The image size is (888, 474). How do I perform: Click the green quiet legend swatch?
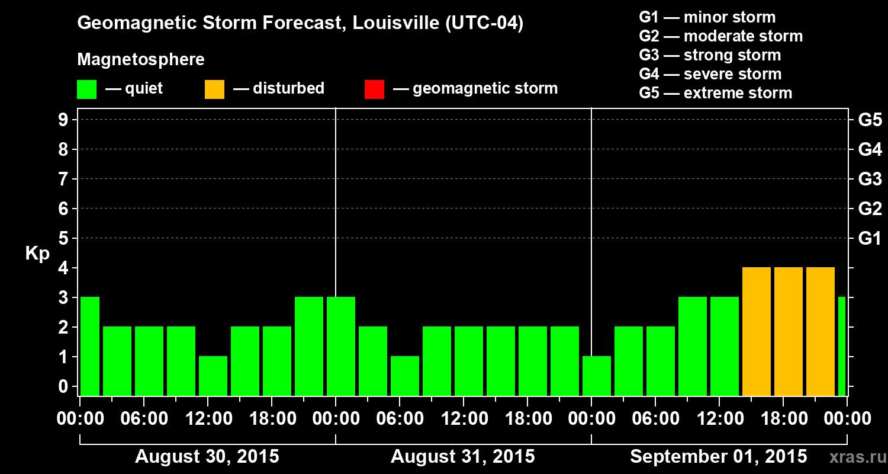click(86, 89)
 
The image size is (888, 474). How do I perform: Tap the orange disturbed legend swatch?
click(214, 89)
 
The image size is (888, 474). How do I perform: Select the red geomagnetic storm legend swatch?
click(374, 89)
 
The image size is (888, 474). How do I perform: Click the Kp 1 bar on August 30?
click(213, 376)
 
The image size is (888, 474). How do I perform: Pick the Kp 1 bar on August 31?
click(405, 376)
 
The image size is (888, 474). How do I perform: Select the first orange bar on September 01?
click(757, 332)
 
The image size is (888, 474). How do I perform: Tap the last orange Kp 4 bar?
click(821, 332)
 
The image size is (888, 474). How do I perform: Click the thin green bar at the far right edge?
click(842, 347)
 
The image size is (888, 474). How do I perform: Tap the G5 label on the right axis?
click(870, 120)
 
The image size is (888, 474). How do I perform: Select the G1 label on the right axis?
click(870, 239)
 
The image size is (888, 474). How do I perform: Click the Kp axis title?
click(37, 254)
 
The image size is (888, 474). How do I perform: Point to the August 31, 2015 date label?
click(462, 457)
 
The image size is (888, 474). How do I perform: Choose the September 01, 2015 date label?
click(718, 457)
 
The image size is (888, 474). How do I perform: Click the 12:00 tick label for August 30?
click(208, 419)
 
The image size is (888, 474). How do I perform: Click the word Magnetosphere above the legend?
click(141, 60)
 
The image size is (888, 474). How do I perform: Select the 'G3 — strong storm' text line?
click(710, 55)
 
